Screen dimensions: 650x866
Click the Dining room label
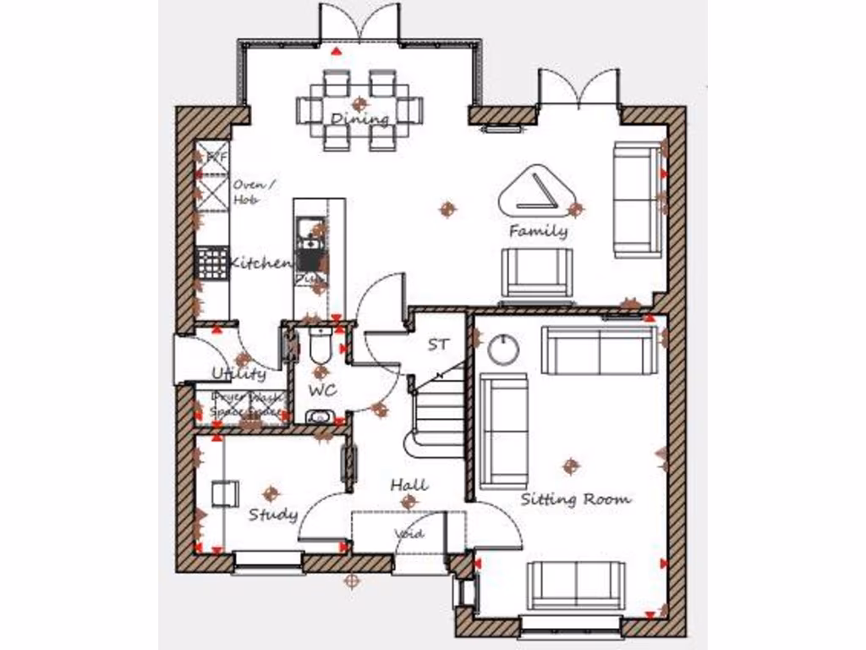[360, 118]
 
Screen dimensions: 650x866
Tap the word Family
[539, 230]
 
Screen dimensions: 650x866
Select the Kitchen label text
[260, 263]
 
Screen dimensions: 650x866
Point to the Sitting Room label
[575, 499]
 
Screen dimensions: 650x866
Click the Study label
[272, 515]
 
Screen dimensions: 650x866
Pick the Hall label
[408, 485]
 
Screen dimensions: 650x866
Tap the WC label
[322, 390]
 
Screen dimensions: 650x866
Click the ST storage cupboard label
[438, 344]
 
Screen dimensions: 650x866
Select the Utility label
[238, 373]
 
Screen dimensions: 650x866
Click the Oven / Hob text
[251, 192]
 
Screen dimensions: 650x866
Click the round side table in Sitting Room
[504, 349]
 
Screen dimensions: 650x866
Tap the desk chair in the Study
[223, 493]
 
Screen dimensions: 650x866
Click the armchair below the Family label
[537, 273]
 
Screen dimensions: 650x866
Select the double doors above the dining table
[359, 24]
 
